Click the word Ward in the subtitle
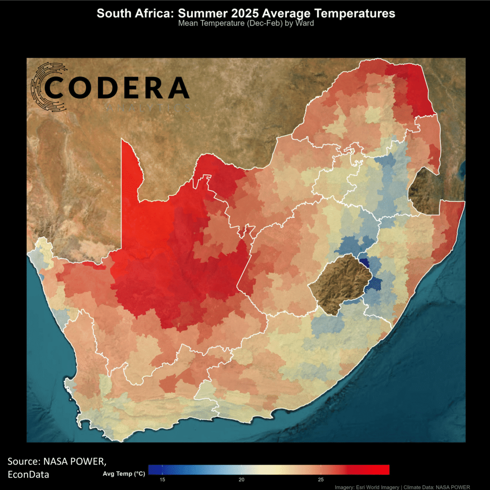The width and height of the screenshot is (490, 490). (304, 23)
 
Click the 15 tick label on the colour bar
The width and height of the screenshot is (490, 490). (162, 480)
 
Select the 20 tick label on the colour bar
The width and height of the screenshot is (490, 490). (241, 480)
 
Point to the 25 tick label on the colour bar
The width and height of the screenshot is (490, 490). (320, 480)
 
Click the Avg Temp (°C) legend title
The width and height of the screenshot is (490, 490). (124, 474)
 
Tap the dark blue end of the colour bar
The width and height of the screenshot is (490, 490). (152, 470)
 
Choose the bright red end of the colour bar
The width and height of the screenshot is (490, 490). (385, 470)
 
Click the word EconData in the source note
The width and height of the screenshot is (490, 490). (29, 475)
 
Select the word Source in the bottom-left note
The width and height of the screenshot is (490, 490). (23, 462)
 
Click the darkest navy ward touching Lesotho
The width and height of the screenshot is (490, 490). (364, 263)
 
